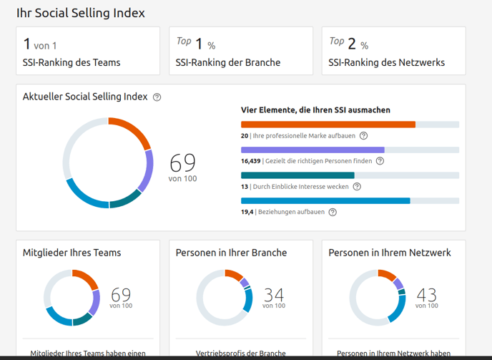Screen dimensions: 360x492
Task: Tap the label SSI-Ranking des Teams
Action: pos(72,62)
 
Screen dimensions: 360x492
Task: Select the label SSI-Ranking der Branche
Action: pos(227,62)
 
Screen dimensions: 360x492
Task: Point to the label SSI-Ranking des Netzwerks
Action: pos(386,62)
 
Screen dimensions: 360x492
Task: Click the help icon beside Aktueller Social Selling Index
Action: pos(157,97)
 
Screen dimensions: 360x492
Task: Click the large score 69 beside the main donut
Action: pos(182,162)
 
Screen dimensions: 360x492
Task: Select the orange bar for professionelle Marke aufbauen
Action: pos(328,125)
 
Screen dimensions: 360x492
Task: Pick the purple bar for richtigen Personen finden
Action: pos(313,150)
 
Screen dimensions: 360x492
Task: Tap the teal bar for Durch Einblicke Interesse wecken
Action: pos(297,175)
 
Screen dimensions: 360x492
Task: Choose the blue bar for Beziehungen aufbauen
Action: pos(325,201)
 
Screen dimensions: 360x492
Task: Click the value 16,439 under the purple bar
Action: pos(250,161)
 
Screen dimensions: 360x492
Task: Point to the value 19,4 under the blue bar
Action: pos(247,212)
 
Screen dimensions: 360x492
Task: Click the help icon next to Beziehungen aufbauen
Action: pos(333,212)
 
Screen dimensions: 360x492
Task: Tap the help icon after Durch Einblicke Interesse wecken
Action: pos(357,187)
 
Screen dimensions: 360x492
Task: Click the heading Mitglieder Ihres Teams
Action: pos(72,253)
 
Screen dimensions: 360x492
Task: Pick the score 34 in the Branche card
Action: pos(274,295)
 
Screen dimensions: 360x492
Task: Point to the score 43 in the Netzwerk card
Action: pos(426,295)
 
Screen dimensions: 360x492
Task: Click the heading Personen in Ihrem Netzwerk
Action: pos(389,253)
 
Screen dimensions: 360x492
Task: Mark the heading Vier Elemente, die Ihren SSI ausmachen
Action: pos(315,110)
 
